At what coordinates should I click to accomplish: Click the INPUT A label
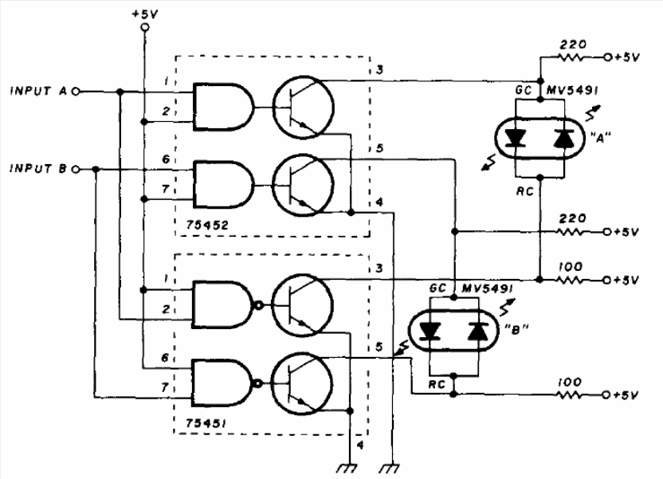click(38, 91)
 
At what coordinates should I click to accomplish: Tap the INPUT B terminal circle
click(75, 170)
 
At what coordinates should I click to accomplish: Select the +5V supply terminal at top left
click(144, 27)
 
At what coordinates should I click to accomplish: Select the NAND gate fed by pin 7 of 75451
click(226, 383)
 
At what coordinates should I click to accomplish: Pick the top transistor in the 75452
click(303, 107)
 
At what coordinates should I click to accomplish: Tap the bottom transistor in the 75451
click(301, 383)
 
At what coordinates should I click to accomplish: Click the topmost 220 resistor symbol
click(574, 57)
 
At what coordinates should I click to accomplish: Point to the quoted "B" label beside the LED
click(516, 329)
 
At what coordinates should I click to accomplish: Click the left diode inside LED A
click(516, 138)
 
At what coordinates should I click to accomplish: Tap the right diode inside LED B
click(478, 331)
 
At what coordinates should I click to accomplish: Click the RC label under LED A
click(524, 191)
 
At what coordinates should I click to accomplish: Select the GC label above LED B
click(437, 289)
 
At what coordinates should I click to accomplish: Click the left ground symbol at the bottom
click(347, 468)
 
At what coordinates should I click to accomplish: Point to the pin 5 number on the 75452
click(379, 148)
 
